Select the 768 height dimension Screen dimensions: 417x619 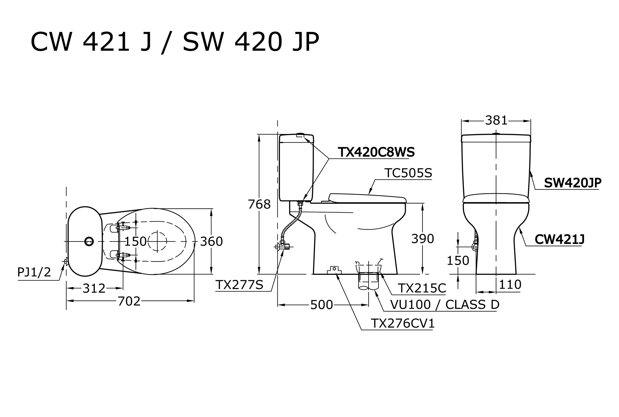tap(259, 205)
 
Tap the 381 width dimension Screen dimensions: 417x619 tap(496, 121)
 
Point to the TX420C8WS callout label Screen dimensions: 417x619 tap(376, 153)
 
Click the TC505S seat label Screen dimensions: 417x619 tap(408, 173)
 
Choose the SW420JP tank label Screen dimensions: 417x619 tap(573, 183)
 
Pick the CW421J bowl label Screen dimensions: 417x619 tap(559, 240)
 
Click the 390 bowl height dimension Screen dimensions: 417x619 tap(423, 239)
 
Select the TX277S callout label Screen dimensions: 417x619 tap(239, 285)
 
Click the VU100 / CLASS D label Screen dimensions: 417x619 tap(445, 305)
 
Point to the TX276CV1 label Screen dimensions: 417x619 tap(402, 324)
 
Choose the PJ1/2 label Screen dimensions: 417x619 tap(34, 272)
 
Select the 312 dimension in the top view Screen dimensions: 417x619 tap(94, 289)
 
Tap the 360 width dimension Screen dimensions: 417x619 tap(211, 241)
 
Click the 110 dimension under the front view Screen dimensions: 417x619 tap(510, 285)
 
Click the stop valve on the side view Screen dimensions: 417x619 tap(283, 247)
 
